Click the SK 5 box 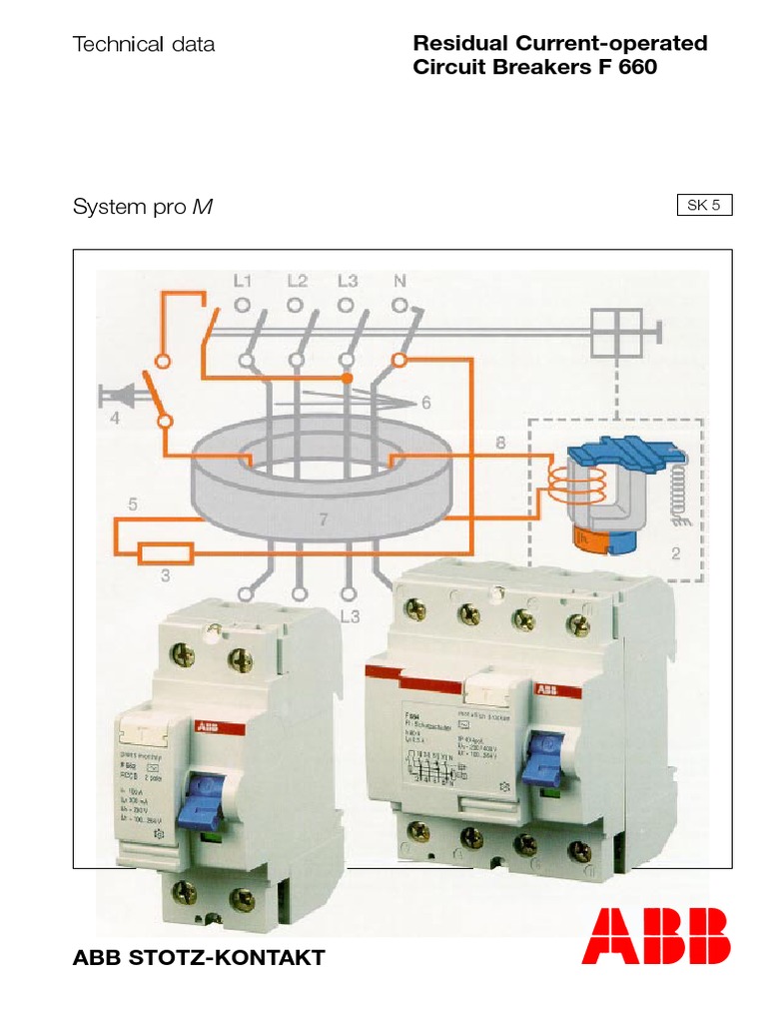click(x=704, y=206)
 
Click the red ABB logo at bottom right click(x=656, y=936)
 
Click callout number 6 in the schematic click(x=425, y=404)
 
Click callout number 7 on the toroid click(x=322, y=518)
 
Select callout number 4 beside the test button click(x=115, y=419)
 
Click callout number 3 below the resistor click(x=166, y=575)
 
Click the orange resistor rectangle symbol click(x=165, y=551)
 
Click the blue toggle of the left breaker click(x=197, y=803)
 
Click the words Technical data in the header click(x=144, y=44)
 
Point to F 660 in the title click(x=622, y=68)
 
